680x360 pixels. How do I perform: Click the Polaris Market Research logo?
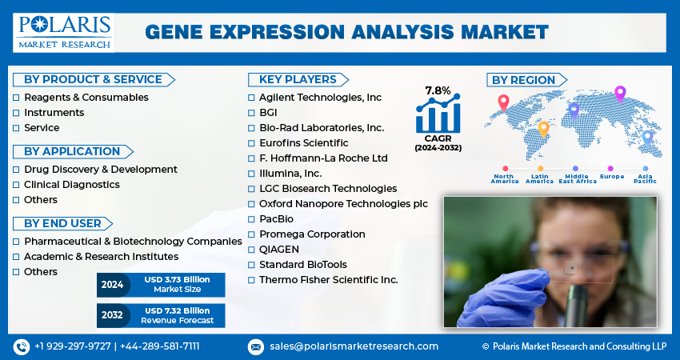tap(63, 32)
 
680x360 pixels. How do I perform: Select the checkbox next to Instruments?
tap(16, 113)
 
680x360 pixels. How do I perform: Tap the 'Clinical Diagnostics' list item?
tap(72, 184)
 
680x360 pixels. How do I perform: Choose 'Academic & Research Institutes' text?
tap(101, 256)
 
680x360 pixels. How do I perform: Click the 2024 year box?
tap(112, 285)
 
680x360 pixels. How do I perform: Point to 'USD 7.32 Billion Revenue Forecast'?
tap(177, 315)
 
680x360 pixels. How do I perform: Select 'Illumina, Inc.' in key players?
tap(290, 173)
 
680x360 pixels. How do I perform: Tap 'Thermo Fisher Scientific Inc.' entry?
tap(328, 279)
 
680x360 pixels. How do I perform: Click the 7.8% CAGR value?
tap(438, 90)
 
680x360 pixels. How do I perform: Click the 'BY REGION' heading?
tap(523, 80)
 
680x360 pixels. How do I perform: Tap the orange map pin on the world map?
tap(543, 129)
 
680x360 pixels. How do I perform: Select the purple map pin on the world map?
tap(619, 94)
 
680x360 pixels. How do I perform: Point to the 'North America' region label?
tap(505, 178)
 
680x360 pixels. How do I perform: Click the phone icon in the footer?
tap(21, 346)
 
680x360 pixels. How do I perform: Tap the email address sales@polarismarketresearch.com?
tap(353, 346)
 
